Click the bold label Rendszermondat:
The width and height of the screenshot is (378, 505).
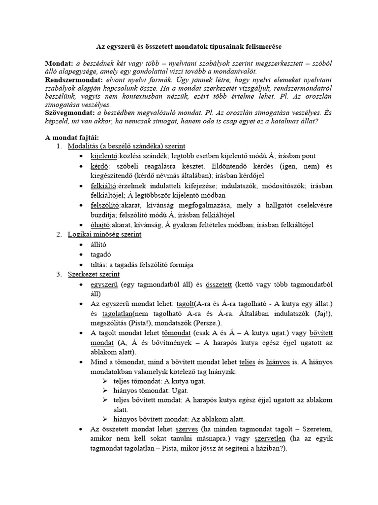[x=73, y=79]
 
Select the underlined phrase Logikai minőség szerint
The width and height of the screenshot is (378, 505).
[x=104, y=234]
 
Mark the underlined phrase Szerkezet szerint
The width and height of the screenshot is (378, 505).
[x=94, y=274]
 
